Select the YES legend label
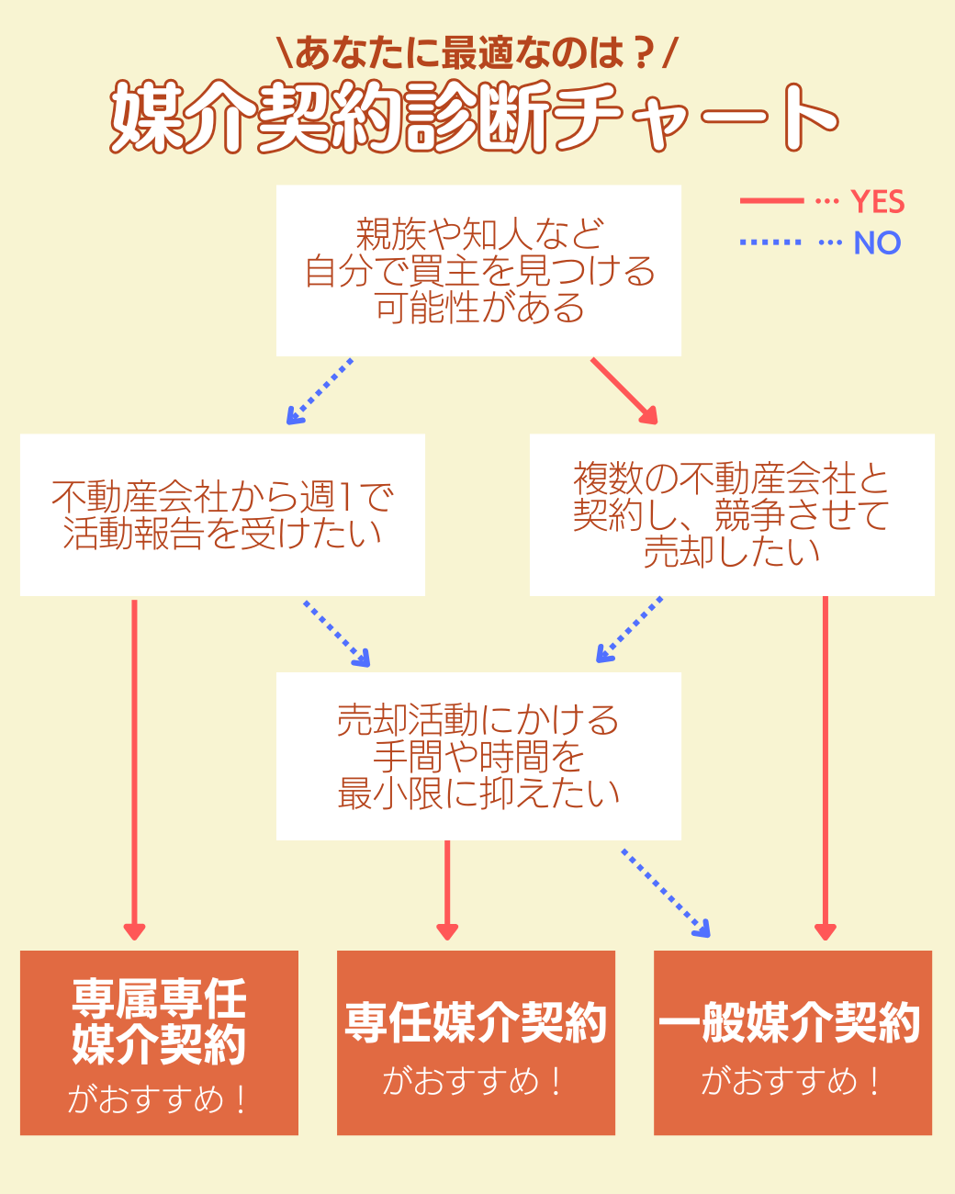877,201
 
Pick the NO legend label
877,242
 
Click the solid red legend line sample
771,200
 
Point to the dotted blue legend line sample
771,242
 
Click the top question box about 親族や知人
478,271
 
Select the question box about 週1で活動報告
222,515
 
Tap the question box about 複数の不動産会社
732,515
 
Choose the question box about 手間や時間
478,756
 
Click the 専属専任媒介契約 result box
159,1042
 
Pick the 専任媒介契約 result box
476,1042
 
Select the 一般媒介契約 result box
792,1042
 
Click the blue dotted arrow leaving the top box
320,391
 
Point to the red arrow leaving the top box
624,391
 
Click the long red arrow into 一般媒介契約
825,767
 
